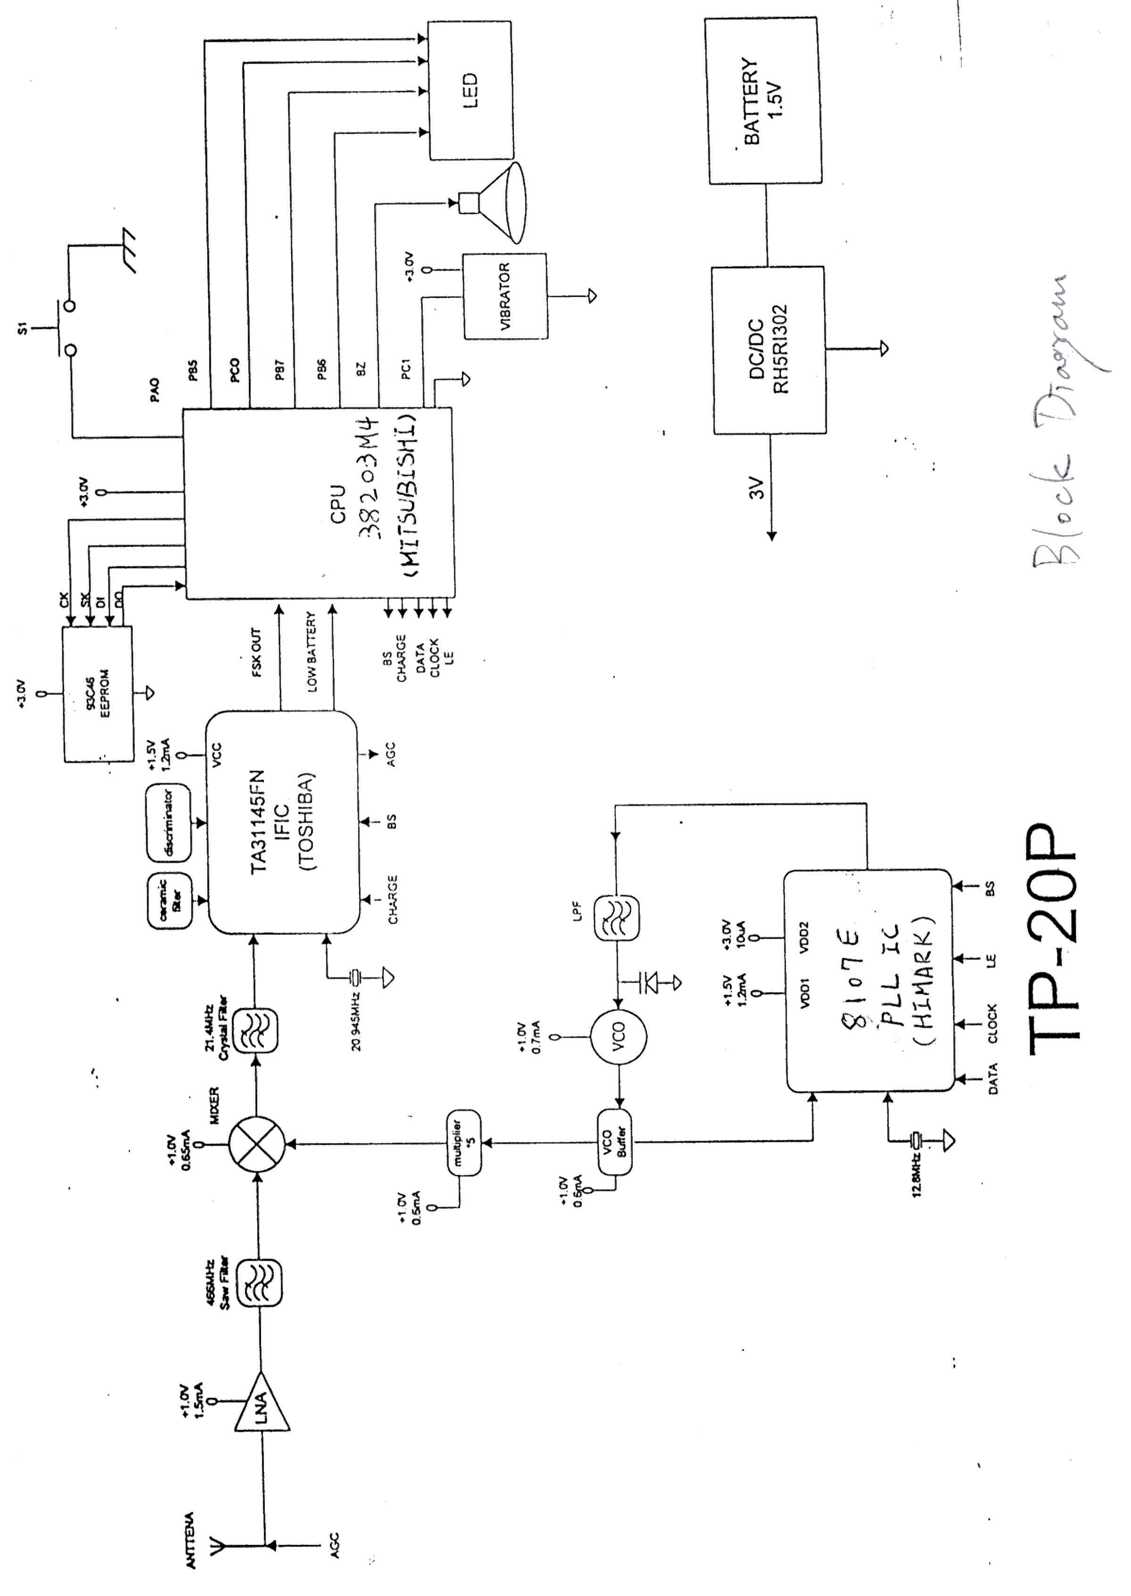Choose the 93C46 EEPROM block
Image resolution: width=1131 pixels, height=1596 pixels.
(98, 693)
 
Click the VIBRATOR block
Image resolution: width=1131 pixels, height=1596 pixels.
(505, 296)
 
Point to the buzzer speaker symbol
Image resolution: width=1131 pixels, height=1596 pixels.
(494, 203)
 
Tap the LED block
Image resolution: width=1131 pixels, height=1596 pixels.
(470, 90)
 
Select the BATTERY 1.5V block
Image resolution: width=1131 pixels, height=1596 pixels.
(763, 101)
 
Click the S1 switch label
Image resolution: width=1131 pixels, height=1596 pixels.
(22, 327)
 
